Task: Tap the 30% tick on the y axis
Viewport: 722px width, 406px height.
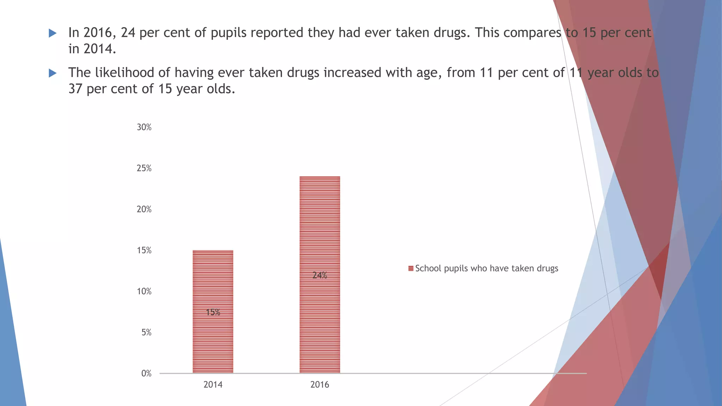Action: click(x=144, y=127)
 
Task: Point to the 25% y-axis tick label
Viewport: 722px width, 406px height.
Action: click(x=144, y=168)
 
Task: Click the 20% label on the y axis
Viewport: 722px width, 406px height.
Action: click(x=144, y=209)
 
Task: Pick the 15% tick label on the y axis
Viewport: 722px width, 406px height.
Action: click(x=144, y=251)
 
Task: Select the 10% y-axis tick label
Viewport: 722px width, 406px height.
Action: click(x=144, y=291)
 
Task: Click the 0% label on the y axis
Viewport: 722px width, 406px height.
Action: click(x=146, y=374)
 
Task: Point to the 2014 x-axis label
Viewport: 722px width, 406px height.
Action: click(x=213, y=385)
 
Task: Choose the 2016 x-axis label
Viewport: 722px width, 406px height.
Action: click(x=320, y=385)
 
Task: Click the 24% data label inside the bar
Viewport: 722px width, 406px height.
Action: click(x=320, y=275)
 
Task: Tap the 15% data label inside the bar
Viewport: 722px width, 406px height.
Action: click(x=213, y=312)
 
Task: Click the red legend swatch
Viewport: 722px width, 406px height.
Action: click(x=411, y=269)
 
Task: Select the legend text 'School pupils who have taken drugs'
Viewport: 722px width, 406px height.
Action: click(x=487, y=269)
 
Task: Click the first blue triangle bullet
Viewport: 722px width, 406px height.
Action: click(x=53, y=33)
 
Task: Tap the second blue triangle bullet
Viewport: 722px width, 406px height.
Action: click(x=53, y=73)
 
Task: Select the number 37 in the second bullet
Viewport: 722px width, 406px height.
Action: click(x=75, y=89)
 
